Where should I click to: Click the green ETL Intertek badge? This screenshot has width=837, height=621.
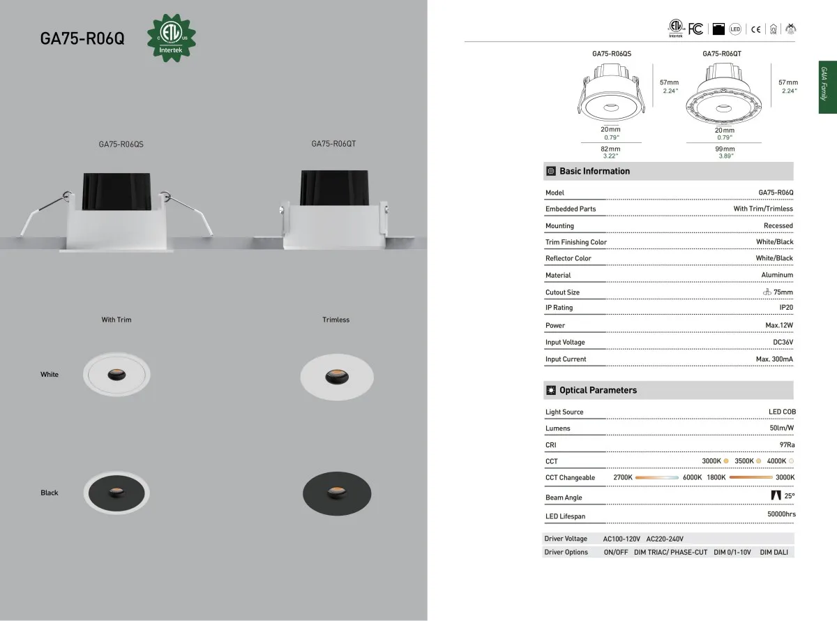point(172,38)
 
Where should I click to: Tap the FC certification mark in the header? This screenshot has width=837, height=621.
point(695,29)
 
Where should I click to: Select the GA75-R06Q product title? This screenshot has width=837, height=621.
point(82,38)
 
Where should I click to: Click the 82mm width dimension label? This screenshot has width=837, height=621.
point(610,149)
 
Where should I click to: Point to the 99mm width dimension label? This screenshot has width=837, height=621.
point(725,149)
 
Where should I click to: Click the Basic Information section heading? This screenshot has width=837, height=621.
point(594,171)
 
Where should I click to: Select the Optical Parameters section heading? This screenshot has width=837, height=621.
point(598,390)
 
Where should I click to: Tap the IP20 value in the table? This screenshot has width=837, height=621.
point(786,307)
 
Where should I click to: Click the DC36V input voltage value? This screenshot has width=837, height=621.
point(783,342)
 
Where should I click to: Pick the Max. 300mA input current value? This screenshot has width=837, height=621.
point(774,359)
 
